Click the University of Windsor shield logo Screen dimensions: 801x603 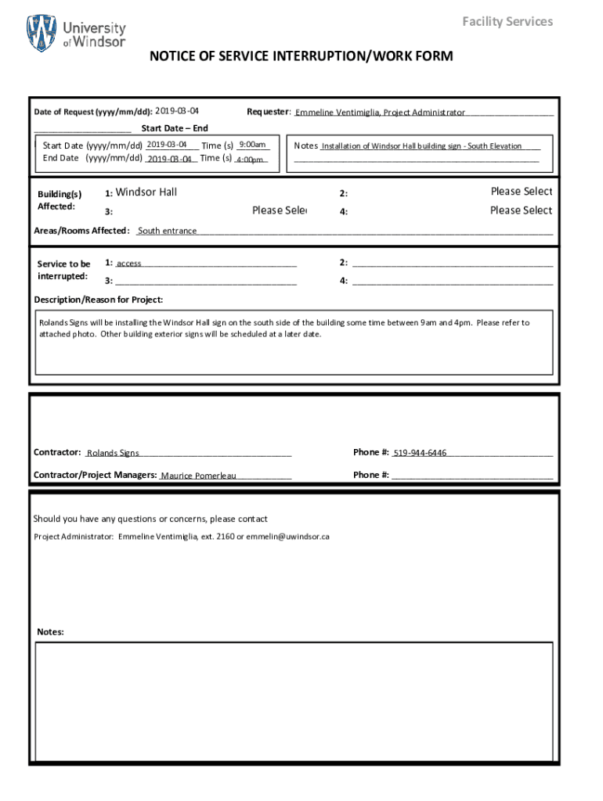[42, 34]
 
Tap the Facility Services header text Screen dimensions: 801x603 [507, 21]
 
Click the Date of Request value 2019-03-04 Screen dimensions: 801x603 [177, 111]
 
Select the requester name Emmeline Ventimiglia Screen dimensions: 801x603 [338, 113]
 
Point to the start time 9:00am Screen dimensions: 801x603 [253, 145]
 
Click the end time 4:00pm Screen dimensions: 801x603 [250, 160]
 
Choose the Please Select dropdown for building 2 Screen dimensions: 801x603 [521, 192]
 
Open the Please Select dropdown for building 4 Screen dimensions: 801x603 [521, 210]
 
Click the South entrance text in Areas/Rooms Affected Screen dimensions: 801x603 [167, 231]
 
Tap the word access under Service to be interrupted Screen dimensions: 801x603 [129, 264]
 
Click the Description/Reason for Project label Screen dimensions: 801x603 [99, 300]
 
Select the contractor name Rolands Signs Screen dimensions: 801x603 [113, 453]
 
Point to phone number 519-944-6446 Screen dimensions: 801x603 [420, 453]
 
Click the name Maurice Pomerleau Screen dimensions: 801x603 [198, 476]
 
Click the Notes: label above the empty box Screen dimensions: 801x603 [51, 632]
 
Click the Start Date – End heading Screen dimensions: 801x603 [175, 128]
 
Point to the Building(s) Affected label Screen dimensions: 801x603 [60, 200]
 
